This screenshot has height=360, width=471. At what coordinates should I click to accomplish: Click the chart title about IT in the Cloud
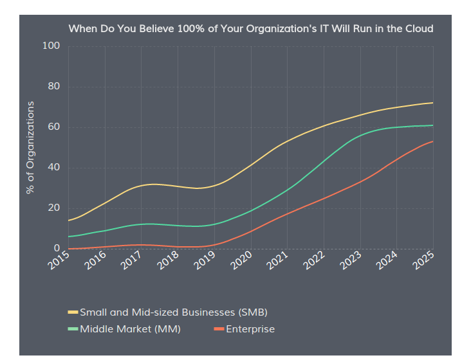point(251,29)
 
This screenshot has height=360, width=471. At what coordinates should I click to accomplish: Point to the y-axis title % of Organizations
point(30,147)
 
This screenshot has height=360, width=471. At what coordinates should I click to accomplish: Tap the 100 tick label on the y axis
point(51,46)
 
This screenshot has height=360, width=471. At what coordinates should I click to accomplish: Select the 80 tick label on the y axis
point(53,87)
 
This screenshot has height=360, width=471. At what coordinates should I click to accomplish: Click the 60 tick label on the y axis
point(53,127)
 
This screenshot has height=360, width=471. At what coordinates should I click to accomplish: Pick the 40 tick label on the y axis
point(53,168)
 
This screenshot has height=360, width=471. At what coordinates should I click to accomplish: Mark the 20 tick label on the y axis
point(53,208)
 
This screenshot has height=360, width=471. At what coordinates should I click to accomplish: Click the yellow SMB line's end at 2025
point(432,103)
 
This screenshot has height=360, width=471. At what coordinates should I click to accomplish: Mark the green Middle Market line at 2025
point(432,125)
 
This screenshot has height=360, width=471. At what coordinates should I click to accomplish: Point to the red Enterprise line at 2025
point(432,141)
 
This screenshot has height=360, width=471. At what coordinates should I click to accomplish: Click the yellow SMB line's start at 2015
point(68,221)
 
